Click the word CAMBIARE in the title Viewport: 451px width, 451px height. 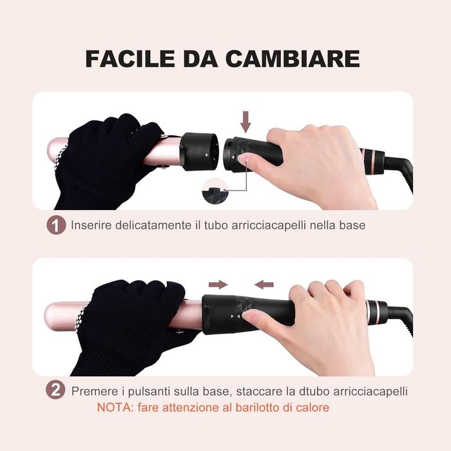click(x=293, y=59)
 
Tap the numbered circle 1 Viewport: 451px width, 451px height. click(x=56, y=225)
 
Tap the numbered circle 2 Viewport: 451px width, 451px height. click(x=55, y=390)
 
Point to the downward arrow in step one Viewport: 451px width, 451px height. click(x=245, y=122)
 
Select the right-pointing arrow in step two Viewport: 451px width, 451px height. click(x=218, y=285)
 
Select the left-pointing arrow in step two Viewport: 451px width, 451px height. click(x=264, y=285)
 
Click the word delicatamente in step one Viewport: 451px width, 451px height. click(x=153, y=225)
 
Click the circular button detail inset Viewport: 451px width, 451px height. click(x=215, y=191)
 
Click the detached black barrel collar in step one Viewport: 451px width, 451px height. click(x=198, y=151)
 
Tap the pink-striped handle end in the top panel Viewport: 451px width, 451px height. click(x=372, y=161)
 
